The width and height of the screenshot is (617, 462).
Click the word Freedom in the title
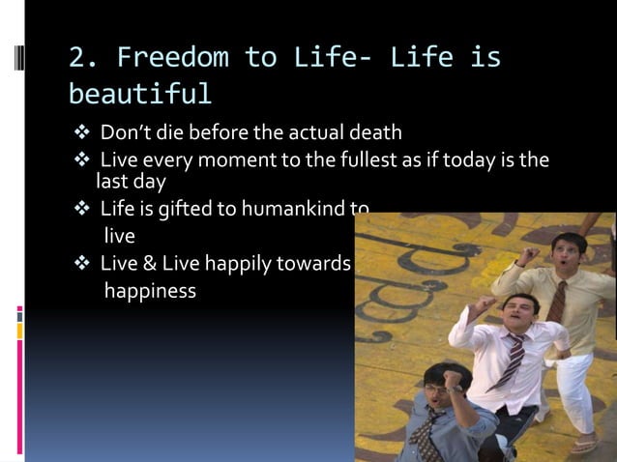click(x=169, y=57)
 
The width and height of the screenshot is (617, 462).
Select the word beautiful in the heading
click(x=140, y=93)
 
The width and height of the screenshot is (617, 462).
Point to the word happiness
click(x=150, y=290)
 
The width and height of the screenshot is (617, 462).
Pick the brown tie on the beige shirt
click(x=558, y=301)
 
